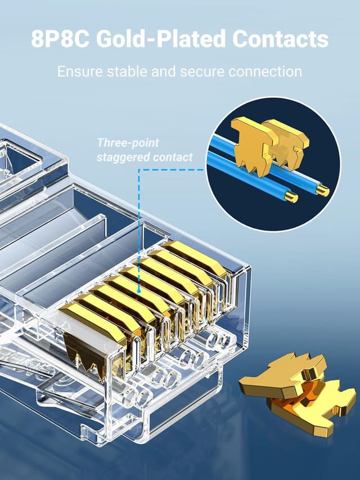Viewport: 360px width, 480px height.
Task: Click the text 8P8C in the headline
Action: (60, 39)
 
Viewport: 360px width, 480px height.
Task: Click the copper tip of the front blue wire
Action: (291, 197)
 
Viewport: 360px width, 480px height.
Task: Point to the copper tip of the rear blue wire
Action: (322, 191)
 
